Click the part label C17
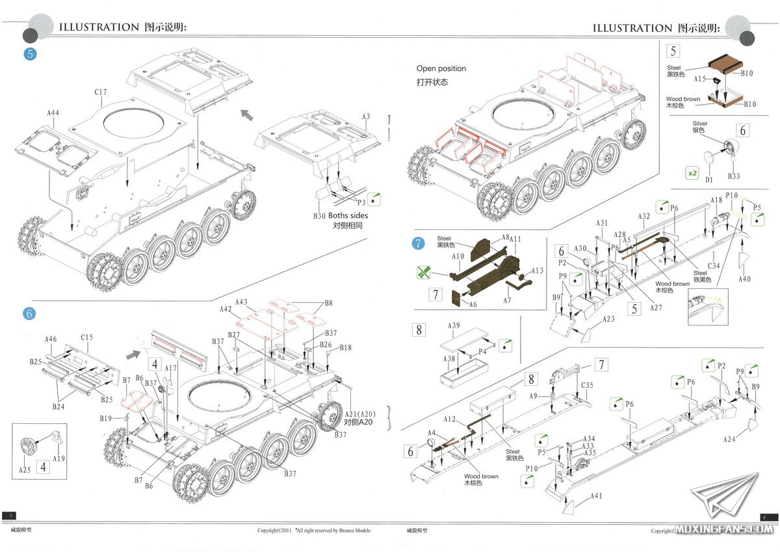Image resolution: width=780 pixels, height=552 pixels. click(x=100, y=92)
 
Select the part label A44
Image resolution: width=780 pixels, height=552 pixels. click(x=53, y=113)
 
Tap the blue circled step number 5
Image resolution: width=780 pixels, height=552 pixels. click(x=29, y=54)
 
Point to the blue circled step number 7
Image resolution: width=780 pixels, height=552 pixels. click(x=418, y=243)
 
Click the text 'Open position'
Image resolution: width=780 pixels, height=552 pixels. click(x=441, y=68)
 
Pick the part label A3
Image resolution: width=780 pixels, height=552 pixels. click(x=366, y=117)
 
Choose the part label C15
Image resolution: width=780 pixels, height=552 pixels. click(x=87, y=337)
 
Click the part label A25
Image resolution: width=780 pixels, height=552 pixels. click(x=25, y=469)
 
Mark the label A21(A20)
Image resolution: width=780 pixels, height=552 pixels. click(x=360, y=415)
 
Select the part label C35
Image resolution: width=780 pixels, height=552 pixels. click(x=586, y=385)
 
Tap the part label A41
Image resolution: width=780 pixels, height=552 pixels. click(x=596, y=497)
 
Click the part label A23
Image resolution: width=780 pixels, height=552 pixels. click(x=608, y=319)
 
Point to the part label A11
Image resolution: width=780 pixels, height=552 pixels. click(x=515, y=240)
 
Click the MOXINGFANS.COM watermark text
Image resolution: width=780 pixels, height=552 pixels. click(x=723, y=529)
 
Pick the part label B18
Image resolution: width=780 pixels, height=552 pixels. click(x=345, y=348)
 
